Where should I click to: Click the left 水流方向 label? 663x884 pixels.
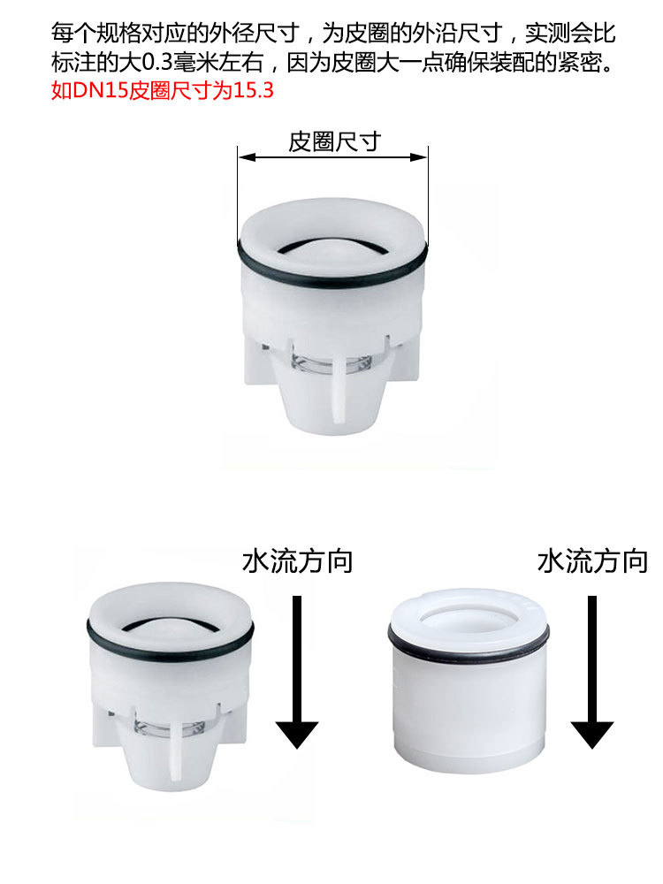click(x=297, y=560)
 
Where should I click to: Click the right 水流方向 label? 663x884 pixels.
click(x=592, y=560)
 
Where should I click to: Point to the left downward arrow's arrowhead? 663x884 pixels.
click(x=297, y=733)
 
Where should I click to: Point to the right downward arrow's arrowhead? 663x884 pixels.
click(x=591, y=733)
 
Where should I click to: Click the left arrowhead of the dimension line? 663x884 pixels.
click(x=244, y=157)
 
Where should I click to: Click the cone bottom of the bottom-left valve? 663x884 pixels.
click(x=170, y=760)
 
